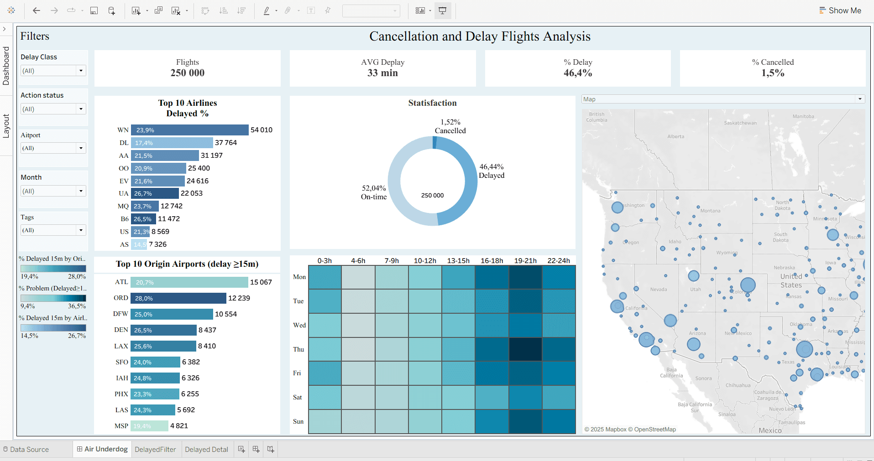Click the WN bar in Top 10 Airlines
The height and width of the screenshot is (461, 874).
pyautogui.click(x=189, y=130)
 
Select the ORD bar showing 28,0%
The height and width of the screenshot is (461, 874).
pyautogui.click(x=178, y=298)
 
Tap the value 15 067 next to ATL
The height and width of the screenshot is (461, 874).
pyautogui.click(x=261, y=282)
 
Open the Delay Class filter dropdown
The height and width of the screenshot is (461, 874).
pyautogui.click(x=81, y=71)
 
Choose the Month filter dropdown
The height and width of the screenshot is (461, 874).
pyautogui.click(x=81, y=191)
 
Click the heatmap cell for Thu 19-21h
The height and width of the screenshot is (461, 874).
pyautogui.click(x=525, y=349)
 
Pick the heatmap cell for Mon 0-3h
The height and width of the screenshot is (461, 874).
pyautogui.click(x=324, y=277)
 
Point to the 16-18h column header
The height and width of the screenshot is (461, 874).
pyautogui.click(x=492, y=261)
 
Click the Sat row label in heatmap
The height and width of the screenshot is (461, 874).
pyautogui.click(x=298, y=397)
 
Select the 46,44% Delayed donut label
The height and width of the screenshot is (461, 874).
pyautogui.click(x=492, y=171)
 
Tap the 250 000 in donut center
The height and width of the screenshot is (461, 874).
pyautogui.click(x=432, y=195)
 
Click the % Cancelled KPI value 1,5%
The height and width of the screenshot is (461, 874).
pyautogui.click(x=773, y=73)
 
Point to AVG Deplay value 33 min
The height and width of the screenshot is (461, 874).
pyautogui.click(x=382, y=73)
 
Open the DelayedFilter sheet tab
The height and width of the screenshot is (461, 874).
pyautogui.click(x=155, y=449)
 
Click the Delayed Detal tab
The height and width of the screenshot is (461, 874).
pyautogui.click(x=206, y=449)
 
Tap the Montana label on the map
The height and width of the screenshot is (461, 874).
pyautogui.click(x=710, y=211)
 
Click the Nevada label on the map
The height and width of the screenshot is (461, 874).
pyautogui.click(x=658, y=289)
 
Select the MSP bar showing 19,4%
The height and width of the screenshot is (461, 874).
pyautogui.click(x=149, y=426)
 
